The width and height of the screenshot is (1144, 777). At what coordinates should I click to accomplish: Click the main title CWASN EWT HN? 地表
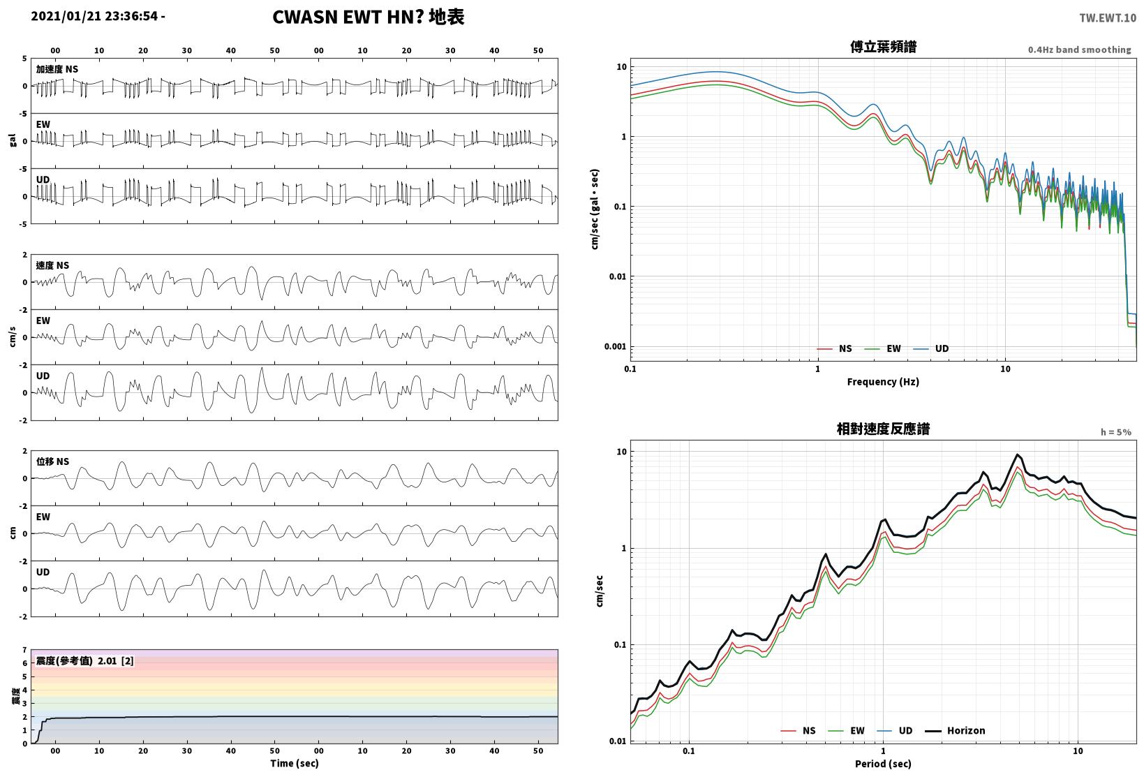tap(369, 17)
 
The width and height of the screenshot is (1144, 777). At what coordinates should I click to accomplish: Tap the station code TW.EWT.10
tap(1107, 18)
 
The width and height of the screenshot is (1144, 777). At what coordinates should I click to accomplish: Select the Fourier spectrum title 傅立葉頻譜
tap(883, 47)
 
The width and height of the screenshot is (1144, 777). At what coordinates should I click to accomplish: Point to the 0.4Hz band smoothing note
tap(1079, 50)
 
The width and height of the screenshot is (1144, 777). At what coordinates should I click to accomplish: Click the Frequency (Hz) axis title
tap(883, 382)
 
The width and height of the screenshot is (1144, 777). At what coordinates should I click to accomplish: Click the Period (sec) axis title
tap(883, 764)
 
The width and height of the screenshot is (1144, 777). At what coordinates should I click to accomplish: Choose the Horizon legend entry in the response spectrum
tap(955, 730)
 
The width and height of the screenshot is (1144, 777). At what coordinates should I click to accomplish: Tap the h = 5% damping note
tap(1116, 432)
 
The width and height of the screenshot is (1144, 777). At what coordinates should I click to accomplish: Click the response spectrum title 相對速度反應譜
tap(883, 429)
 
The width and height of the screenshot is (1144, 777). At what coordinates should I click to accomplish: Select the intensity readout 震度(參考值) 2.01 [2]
tap(84, 660)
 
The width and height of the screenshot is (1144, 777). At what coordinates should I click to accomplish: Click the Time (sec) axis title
tap(294, 763)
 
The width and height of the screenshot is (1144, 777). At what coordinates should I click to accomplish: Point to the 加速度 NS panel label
tap(57, 69)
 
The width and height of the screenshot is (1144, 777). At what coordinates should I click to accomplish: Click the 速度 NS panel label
tap(52, 265)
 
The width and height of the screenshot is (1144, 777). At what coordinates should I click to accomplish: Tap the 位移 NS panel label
tap(52, 461)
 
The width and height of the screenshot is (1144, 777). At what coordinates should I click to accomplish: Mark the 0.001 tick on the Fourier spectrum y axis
tap(616, 346)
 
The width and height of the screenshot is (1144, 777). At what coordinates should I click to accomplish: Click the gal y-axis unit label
tap(13, 140)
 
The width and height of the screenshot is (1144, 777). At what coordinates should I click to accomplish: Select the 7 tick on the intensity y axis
tap(24, 650)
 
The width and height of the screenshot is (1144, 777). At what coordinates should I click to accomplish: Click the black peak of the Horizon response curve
tap(1018, 454)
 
